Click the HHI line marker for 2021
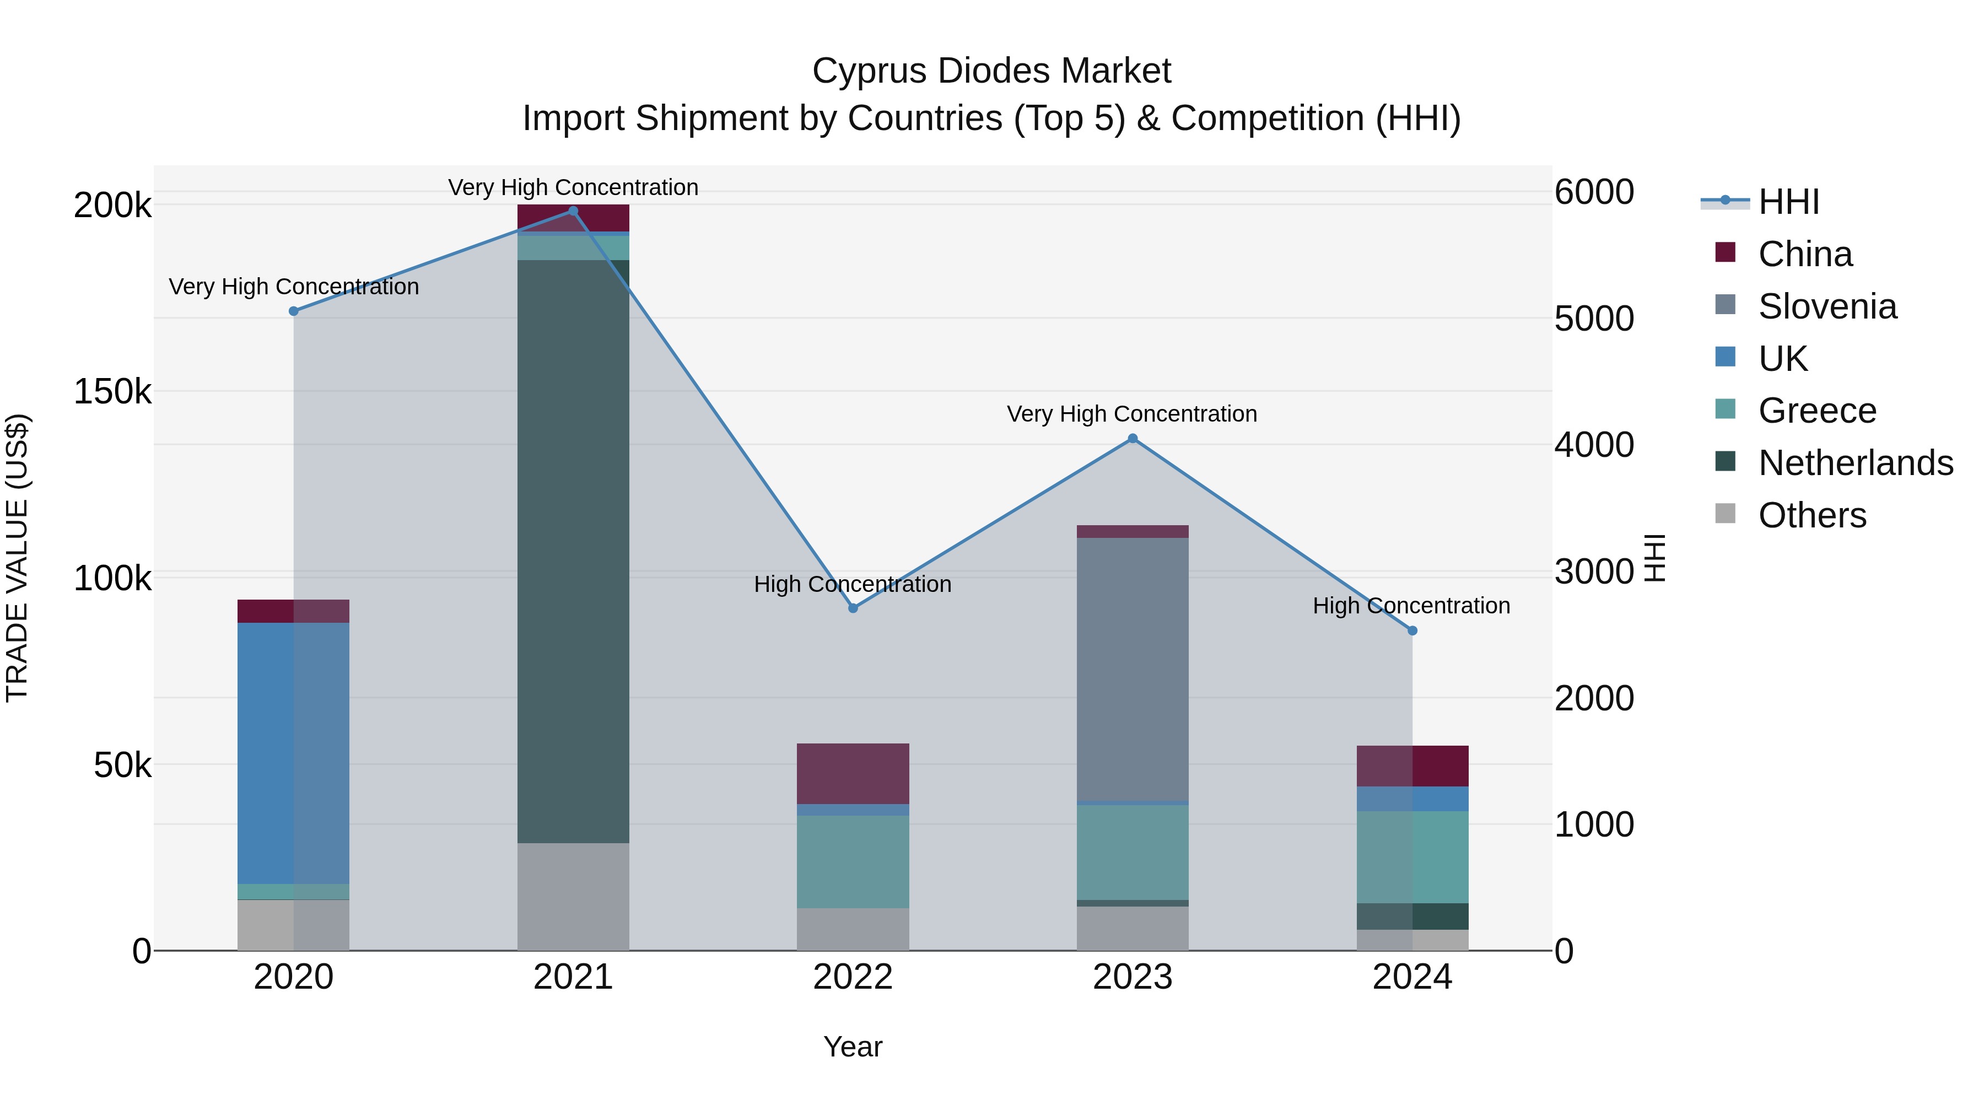[x=573, y=211]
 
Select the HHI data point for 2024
[x=1412, y=631]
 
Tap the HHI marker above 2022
[x=853, y=608]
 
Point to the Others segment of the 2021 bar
[x=573, y=897]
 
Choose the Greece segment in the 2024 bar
[x=1412, y=856]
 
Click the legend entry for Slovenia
[x=1827, y=306]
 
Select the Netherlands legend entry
[x=1854, y=463]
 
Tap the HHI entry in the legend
[x=1788, y=202]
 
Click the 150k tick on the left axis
[x=112, y=392]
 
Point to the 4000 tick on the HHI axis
[x=1593, y=445]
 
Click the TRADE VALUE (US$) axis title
[x=17, y=558]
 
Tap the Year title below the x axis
[x=853, y=1047]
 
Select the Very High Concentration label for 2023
[x=1131, y=414]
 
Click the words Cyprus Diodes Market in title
[x=991, y=71]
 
